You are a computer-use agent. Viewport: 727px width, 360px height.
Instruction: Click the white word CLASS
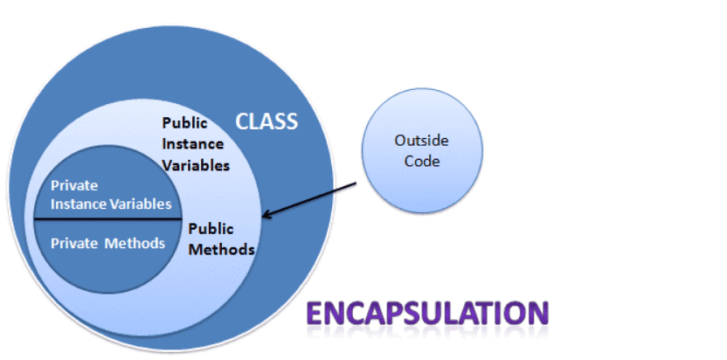click(x=267, y=121)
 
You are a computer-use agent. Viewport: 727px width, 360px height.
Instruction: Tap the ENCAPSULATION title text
click(x=427, y=313)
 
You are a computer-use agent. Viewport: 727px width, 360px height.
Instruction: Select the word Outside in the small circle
click(x=421, y=141)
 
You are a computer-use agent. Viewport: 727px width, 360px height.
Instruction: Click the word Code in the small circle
click(x=421, y=162)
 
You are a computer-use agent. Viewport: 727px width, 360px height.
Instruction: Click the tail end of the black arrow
click(x=357, y=183)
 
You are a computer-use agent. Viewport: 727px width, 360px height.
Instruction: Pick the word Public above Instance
click(x=184, y=123)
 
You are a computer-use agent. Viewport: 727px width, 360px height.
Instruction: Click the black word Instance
click(x=192, y=144)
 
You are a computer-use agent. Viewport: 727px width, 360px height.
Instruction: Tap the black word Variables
click(x=196, y=165)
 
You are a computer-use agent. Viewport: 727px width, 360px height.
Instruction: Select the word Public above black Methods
click(x=211, y=229)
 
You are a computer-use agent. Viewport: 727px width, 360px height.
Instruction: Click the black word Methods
click(x=222, y=250)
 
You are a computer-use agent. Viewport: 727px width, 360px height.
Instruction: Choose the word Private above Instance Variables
click(x=74, y=186)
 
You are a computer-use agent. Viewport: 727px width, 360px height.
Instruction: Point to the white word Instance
click(x=78, y=204)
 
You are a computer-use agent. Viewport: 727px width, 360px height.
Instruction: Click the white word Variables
click(x=140, y=204)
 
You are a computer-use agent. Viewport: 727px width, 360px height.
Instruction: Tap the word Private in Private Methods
click(x=74, y=243)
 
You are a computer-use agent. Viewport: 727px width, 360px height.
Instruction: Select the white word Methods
click(x=135, y=243)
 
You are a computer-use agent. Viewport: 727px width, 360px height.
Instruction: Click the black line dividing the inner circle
click(x=107, y=218)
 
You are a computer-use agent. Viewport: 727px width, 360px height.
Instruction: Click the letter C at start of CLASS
click(x=242, y=121)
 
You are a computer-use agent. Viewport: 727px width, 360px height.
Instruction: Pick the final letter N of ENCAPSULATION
click(x=539, y=313)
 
